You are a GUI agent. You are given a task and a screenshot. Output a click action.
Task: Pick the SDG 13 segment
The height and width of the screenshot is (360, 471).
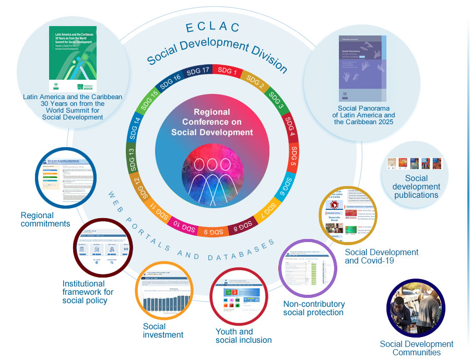pyautogui.click(x=131, y=157)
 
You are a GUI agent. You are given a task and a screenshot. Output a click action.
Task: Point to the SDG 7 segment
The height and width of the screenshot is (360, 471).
pyautogui.click(x=269, y=209)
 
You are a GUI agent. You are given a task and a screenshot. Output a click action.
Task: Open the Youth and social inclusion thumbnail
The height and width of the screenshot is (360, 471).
pyautogui.click(x=239, y=296)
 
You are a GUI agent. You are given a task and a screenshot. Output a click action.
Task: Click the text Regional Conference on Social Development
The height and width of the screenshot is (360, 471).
pyautogui.click(x=212, y=122)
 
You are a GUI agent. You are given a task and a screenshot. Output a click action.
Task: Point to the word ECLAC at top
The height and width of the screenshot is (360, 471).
pyautogui.click(x=213, y=27)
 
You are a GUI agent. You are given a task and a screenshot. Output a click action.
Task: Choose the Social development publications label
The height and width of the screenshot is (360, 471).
pyautogui.click(x=416, y=187)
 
